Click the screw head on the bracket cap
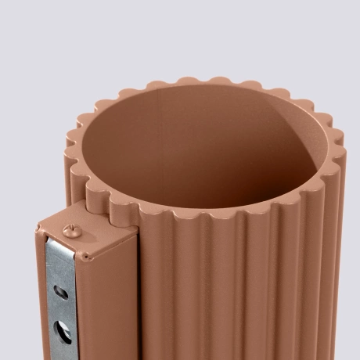(x=70, y=229)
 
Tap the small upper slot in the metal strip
(x=59, y=293)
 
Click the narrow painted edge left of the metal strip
(x=40, y=297)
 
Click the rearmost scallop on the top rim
(x=188, y=81)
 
